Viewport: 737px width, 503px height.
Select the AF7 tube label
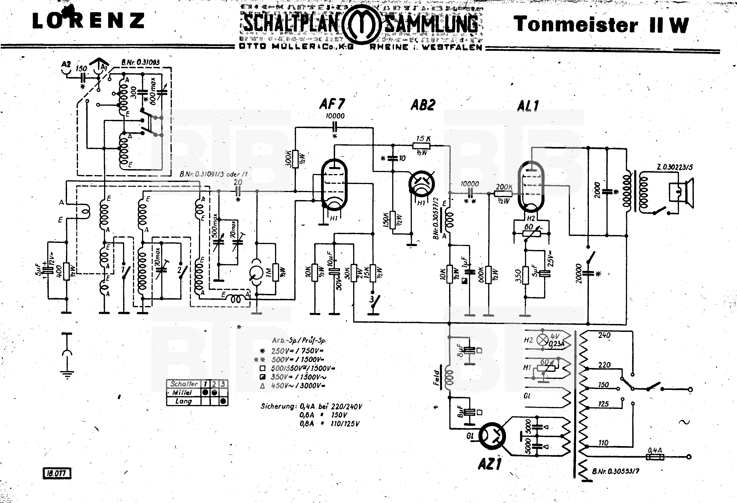pyautogui.click(x=332, y=104)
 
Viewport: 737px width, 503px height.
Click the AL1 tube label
pyautogui.click(x=528, y=106)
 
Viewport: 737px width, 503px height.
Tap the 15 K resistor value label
pyautogui.click(x=423, y=139)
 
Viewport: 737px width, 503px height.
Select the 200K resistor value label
pyautogui.click(x=504, y=187)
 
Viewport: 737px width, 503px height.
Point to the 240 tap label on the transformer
pyautogui.click(x=604, y=335)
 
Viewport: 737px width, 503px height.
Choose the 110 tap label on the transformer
pyautogui.click(x=603, y=442)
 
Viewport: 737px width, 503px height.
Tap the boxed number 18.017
pyautogui.click(x=57, y=473)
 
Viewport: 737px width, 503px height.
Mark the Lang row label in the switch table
pyautogui.click(x=184, y=401)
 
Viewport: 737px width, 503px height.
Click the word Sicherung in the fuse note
pyautogui.click(x=278, y=406)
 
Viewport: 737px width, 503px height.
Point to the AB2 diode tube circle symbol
pyautogui.click(x=422, y=183)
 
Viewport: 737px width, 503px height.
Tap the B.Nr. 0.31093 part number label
pyautogui.click(x=140, y=63)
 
